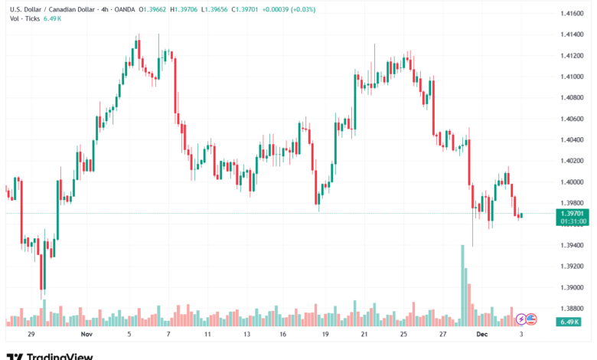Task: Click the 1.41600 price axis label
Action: [x=573, y=14]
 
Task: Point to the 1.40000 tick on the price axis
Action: [x=573, y=182]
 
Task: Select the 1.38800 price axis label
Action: [x=573, y=308]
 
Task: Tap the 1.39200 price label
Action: [x=573, y=266]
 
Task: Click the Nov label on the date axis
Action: [x=86, y=335]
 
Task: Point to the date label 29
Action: [x=31, y=335]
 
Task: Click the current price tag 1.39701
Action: [x=573, y=213]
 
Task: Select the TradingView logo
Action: [x=50, y=355]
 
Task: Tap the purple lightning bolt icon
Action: [x=521, y=319]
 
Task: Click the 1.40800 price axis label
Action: [x=573, y=97]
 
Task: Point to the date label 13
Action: [x=246, y=335]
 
